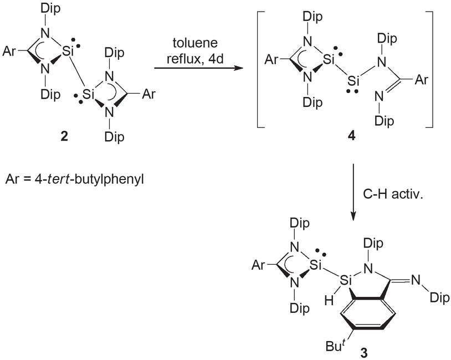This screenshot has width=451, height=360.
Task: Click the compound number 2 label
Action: point(64,137)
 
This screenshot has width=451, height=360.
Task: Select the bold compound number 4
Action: point(351,136)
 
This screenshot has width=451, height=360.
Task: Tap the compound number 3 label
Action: point(364,353)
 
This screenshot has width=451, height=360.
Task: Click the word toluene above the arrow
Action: point(195,43)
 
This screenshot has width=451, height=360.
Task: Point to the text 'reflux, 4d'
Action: point(195,60)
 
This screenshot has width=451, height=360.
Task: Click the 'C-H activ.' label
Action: point(393,194)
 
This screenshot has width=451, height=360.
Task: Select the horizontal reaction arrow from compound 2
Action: point(198,69)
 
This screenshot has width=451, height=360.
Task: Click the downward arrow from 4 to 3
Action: point(353,192)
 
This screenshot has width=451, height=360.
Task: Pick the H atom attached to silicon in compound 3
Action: point(329,301)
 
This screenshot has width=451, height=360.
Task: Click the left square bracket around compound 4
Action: point(260,69)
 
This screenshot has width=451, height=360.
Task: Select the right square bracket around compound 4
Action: point(429,69)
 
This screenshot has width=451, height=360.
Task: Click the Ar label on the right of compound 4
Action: point(422,80)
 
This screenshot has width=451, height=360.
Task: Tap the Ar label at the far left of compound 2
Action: point(9,52)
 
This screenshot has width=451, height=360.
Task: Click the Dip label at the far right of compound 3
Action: point(440,298)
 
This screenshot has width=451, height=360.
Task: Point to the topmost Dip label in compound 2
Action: point(51,9)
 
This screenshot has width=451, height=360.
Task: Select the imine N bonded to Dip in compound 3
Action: point(416,280)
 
